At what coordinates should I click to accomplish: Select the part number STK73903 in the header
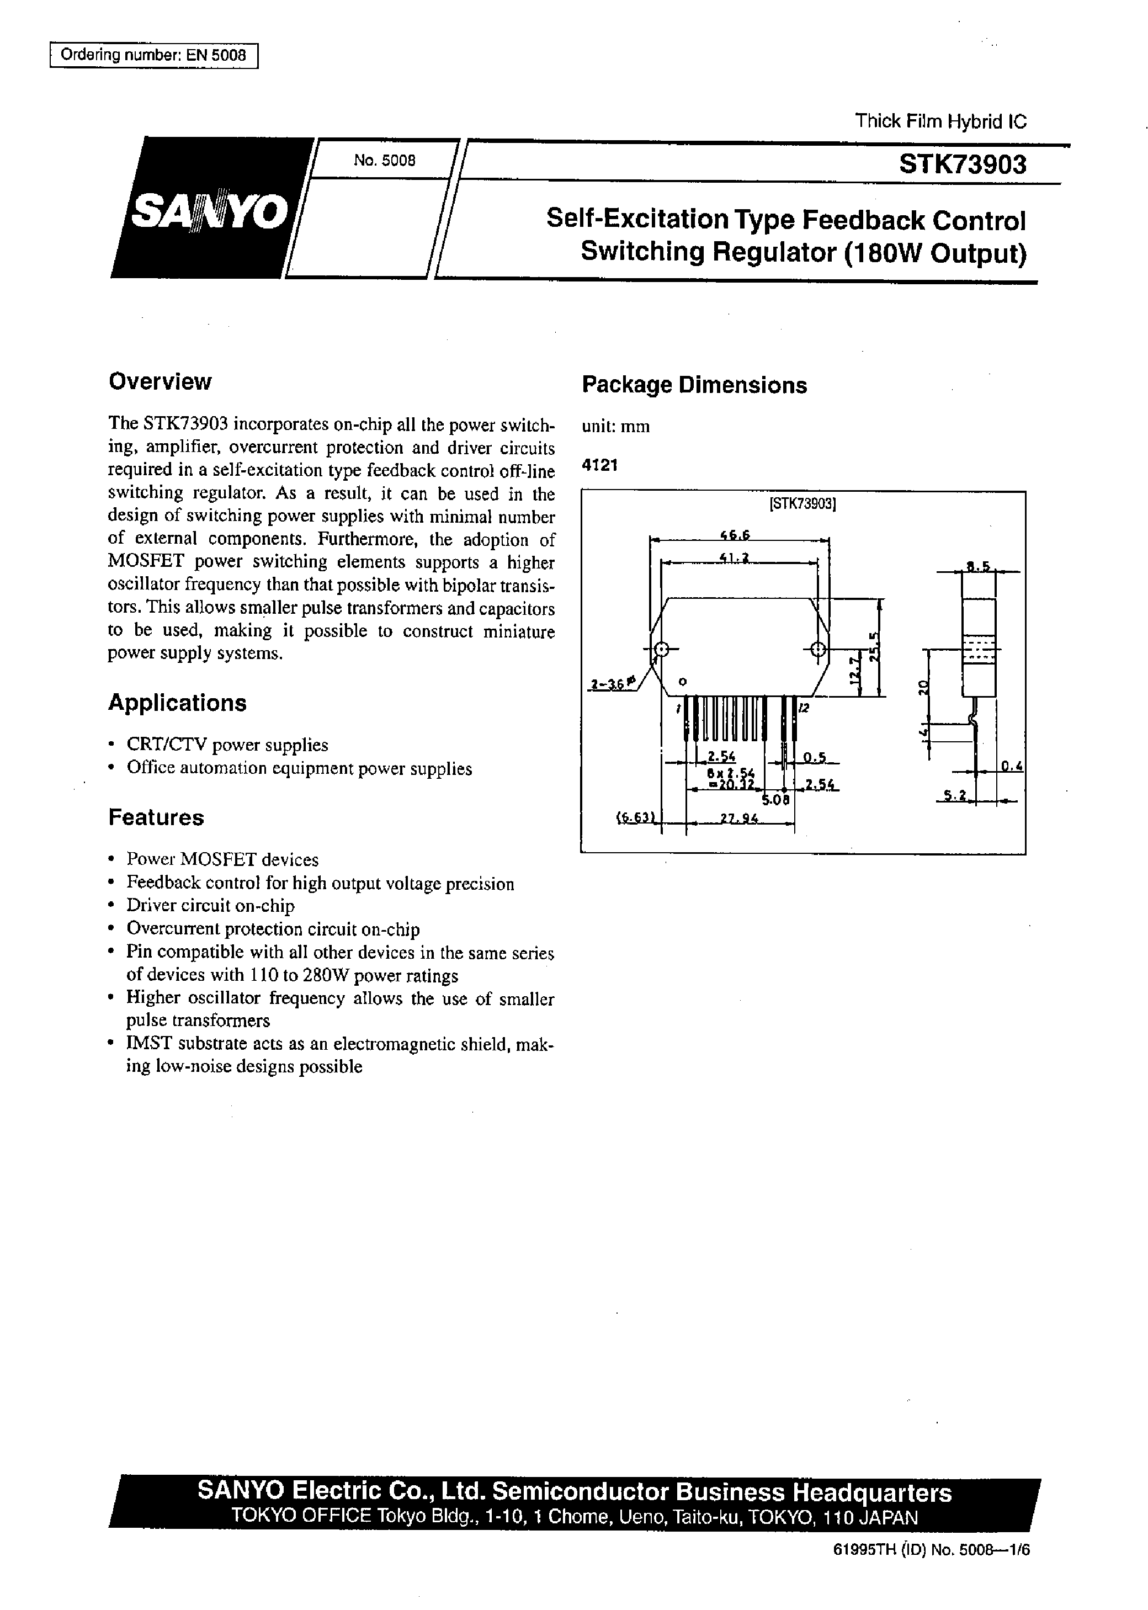tap(962, 164)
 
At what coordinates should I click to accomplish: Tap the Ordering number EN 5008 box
tap(153, 55)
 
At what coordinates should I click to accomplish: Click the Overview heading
tap(160, 381)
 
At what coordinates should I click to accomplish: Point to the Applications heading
tap(177, 703)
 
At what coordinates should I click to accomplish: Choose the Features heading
tap(156, 817)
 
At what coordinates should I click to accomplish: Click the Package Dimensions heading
tap(694, 385)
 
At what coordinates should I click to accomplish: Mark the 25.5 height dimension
tap(874, 645)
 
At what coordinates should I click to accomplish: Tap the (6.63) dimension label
tap(637, 819)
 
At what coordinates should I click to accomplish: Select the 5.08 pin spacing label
tap(775, 800)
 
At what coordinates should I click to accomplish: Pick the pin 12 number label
tap(803, 708)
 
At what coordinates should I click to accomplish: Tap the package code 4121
tap(599, 466)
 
